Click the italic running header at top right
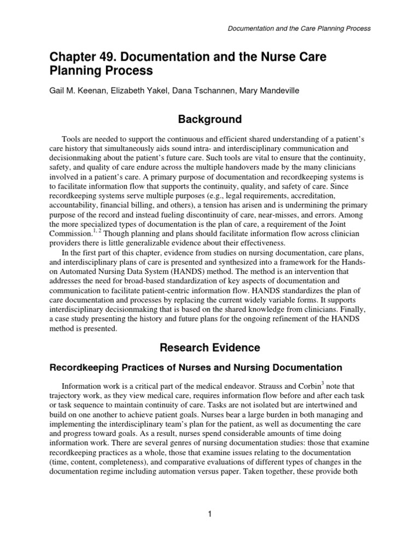299,28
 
